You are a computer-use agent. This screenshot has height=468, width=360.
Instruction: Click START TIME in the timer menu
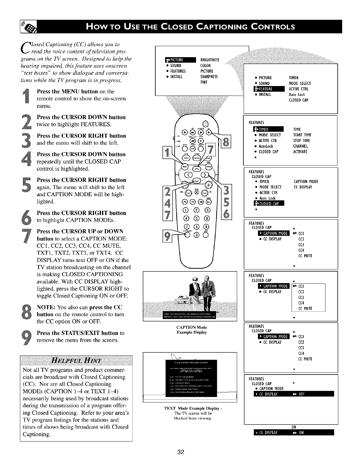click(x=302, y=135)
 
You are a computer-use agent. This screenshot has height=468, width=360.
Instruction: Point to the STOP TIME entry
click(x=301, y=141)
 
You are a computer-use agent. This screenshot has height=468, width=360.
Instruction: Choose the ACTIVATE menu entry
click(x=300, y=152)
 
